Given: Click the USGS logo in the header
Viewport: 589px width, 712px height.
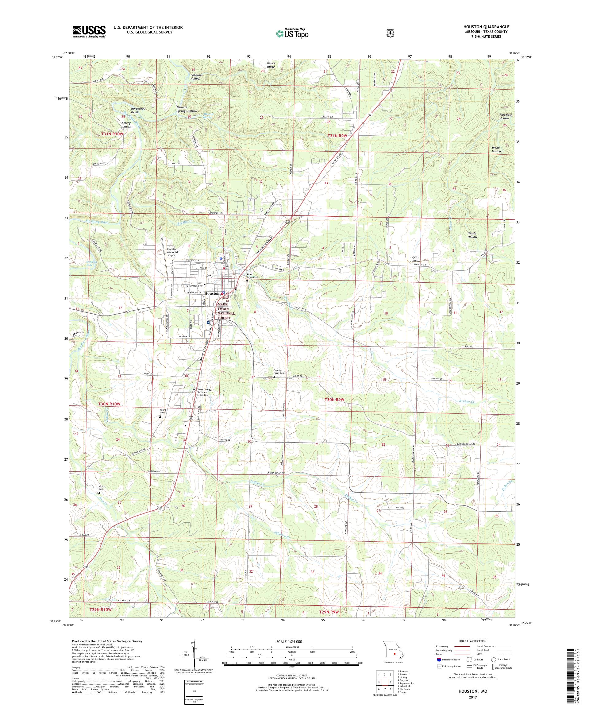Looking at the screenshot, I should [88, 32].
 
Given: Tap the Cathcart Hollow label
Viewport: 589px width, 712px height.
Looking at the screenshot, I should [195, 77].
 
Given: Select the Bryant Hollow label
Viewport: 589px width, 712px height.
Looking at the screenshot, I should [415, 259].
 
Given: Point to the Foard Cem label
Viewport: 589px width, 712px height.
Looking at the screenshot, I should [163, 411].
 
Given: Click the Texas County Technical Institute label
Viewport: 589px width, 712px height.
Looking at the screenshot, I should [204, 392].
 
